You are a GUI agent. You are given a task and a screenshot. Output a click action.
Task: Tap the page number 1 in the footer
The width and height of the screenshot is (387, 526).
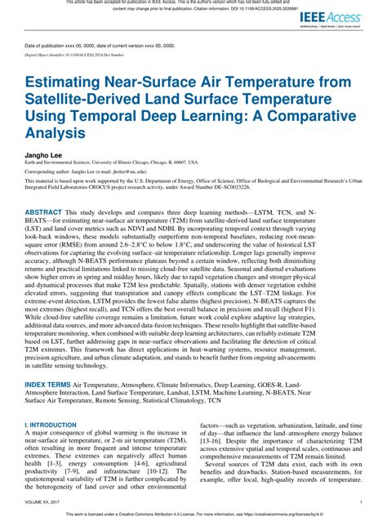click(361, 501)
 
